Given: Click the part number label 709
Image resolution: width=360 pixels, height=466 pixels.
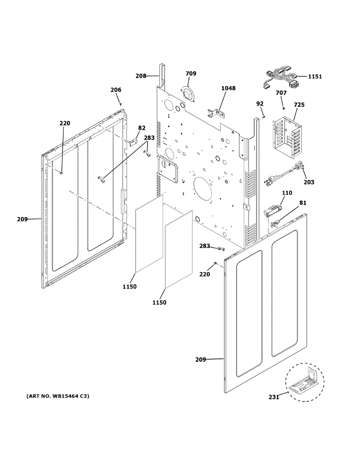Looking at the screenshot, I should click(191, 74).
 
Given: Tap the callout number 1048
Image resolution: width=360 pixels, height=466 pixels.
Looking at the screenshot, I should click(228, 89).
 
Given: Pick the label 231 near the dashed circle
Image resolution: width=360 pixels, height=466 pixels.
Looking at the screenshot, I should click(274, 397).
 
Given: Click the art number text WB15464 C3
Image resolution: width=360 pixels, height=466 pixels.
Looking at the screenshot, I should click(58, 396).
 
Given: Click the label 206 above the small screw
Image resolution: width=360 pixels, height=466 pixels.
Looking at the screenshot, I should click(116, 90).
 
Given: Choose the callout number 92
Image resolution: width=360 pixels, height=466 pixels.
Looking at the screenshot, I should click(260, 104).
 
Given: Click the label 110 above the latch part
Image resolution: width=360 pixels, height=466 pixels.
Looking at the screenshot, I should click(287, 193).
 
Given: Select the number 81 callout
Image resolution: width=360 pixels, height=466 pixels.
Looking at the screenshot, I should click(303, 202).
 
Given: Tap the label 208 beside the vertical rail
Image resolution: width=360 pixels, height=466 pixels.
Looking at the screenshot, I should click(141, 76).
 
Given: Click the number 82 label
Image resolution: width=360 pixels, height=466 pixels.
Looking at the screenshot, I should click(142, 128).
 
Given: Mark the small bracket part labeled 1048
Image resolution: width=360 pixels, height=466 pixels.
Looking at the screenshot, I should click(216, 113).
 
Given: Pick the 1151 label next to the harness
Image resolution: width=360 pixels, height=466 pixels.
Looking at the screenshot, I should click(315, 77).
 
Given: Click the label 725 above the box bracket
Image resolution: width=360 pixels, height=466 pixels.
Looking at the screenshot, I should click(299, 105).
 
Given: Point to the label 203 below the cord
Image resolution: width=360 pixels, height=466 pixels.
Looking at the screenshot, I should click(309, 182).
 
